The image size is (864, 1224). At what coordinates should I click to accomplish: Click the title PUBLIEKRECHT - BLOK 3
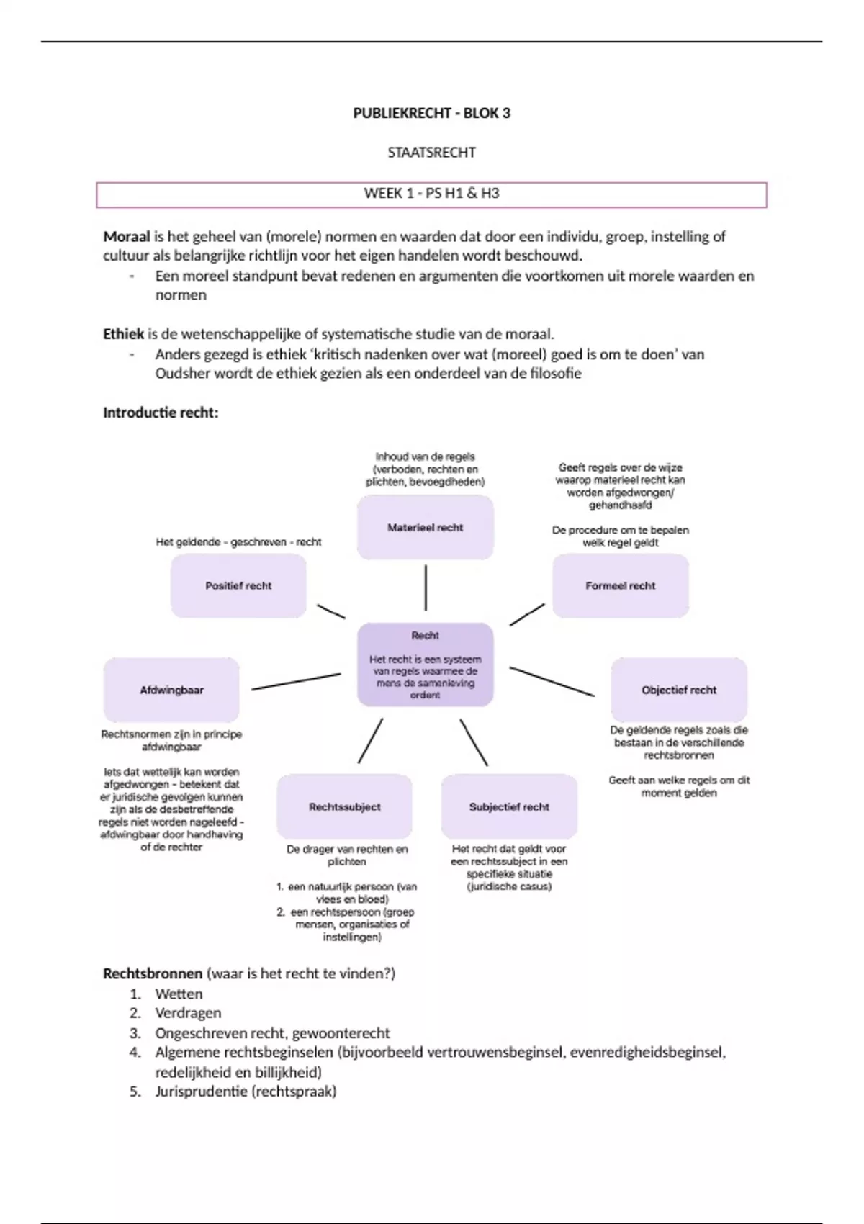click(431, 113)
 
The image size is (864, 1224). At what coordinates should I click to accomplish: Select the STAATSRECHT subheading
click(431, 153)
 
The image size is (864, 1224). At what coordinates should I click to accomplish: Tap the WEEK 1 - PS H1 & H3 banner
click(431, 194)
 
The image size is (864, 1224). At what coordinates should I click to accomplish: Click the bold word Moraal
click(127, 236)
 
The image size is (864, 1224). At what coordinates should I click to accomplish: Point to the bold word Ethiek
click(124, 334)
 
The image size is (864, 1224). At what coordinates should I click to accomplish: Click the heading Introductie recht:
click(161, 413)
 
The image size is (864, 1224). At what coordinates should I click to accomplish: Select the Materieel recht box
click(426, 528)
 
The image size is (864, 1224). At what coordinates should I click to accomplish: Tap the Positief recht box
click(238, 586)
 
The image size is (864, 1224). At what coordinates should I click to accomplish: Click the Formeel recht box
click(621, 586)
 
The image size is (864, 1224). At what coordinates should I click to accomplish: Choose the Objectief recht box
click(679, 690)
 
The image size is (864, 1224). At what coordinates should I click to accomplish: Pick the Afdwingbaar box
click(171, 690)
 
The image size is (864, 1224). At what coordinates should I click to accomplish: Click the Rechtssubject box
click(345, 807)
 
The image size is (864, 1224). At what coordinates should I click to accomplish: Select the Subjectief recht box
click(509, 807)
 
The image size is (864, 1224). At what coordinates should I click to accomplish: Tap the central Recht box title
click(425, 635)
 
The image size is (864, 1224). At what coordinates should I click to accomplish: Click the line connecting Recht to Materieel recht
click(426, 588)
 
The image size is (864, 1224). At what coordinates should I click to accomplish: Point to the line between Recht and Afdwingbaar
click(296, 682)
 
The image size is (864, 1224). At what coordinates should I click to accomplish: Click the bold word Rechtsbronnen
click(153, 973)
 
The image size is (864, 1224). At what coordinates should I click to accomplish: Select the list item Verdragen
click(188, 1013)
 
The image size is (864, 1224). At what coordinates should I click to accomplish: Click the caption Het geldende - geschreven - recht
click(238, 542)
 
